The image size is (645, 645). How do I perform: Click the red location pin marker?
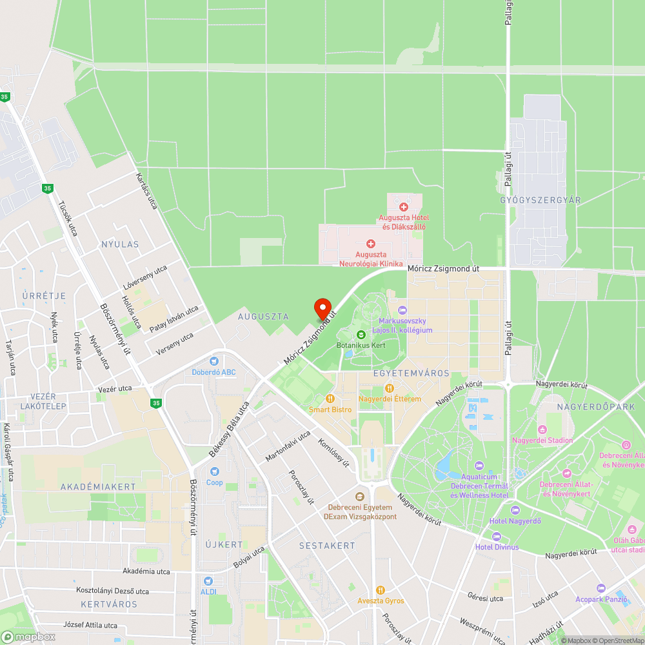(322, 308)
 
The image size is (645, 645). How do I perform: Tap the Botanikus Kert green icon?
(361, 335)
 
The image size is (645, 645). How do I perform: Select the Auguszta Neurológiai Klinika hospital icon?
(371, 243)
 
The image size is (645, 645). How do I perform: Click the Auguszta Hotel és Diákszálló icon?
(404, 206)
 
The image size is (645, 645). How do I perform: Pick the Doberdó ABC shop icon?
(214, 361)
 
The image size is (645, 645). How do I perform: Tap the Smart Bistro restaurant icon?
(330, 399)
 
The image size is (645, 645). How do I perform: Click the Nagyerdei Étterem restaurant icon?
(389, 388)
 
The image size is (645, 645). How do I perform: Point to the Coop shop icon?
(214, 471)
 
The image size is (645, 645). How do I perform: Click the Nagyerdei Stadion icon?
(542, 430)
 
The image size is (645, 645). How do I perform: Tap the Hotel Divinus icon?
(496, 537)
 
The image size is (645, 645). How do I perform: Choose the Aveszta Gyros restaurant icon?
(381, 590)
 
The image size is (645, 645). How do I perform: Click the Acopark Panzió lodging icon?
(601, 588)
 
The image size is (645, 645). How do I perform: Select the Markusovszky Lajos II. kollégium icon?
(402, 311)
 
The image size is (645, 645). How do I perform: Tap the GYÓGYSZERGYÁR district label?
(541, 200)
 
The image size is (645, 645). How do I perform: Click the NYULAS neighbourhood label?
(120, 244)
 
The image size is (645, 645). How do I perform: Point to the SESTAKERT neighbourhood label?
(327, 546)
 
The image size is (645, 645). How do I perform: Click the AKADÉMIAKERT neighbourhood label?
(98, 486)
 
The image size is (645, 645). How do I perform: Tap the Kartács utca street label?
(147, 191)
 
